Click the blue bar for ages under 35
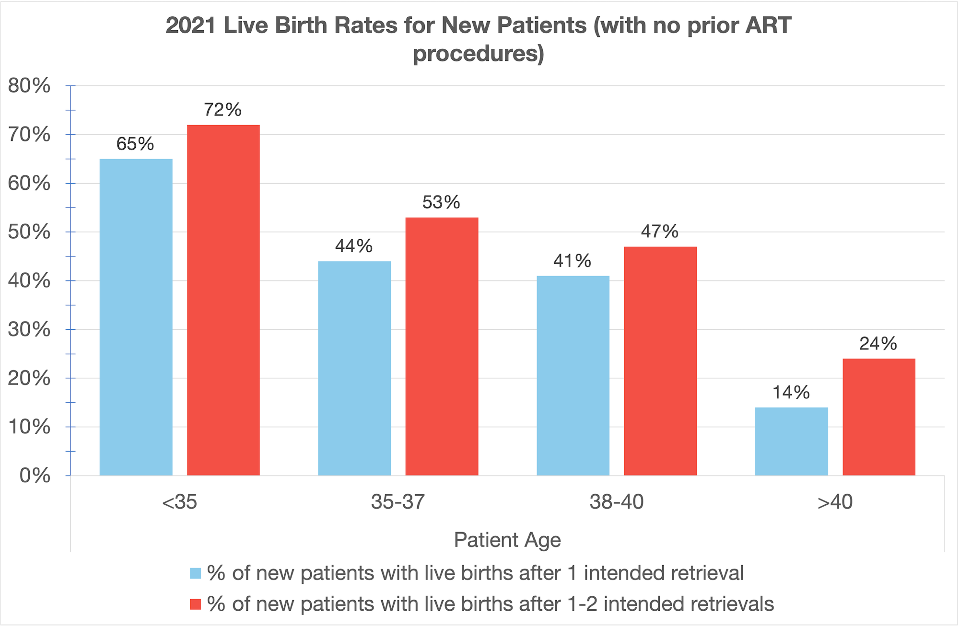tap(136, 316)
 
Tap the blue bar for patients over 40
tap(791, 441)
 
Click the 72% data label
tap(222, 110)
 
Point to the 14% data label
tap(791, 393)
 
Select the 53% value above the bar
tap(441, 202)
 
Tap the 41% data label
tap(572, 261)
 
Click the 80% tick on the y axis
tap(29, 86)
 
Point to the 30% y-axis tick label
tap(29, 329)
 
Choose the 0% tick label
tap(35, 476)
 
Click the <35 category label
tap(179, 502)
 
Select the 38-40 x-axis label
tap(616, 502)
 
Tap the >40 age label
tap(835, 502)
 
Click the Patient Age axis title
tap(507, 540)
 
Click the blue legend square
tap(195, 573)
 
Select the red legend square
tap(195, 604)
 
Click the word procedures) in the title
tap(479, 53)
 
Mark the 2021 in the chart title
tap(190, 25)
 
